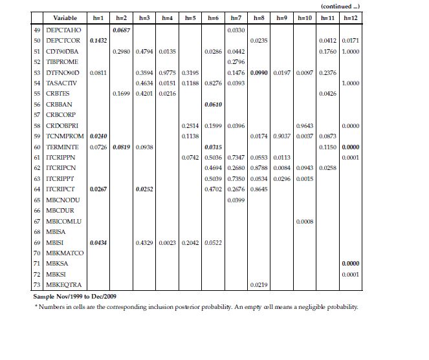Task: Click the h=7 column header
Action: [236, 18]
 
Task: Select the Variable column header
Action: [65, 18]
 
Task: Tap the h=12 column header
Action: [351, 18]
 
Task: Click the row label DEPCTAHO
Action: [63, 30]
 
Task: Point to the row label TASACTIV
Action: [62, 83]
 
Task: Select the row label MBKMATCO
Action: [66, 253]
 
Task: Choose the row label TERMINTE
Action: [63, 147]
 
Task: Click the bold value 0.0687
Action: [122, 30]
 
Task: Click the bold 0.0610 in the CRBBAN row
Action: [213, 105]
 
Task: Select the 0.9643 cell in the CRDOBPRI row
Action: [305, 125]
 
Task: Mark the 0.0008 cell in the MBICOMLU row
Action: [305, 221]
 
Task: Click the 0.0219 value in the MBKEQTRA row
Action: [259, 285]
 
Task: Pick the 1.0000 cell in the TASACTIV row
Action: [351, 83]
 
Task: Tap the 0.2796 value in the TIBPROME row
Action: [236, 62]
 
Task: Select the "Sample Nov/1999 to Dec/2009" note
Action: [75, 296]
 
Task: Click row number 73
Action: [38, 285]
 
